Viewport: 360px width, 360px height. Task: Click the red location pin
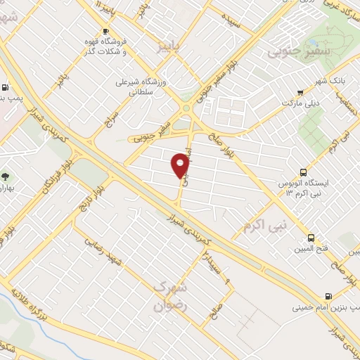[x=181, y=166]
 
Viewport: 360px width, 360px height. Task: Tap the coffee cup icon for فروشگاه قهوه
[x=106, y=32]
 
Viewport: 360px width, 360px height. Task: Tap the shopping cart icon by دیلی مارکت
[x=300, y=91]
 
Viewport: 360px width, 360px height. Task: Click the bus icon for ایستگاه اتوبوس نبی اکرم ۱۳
[x=303, y=172]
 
